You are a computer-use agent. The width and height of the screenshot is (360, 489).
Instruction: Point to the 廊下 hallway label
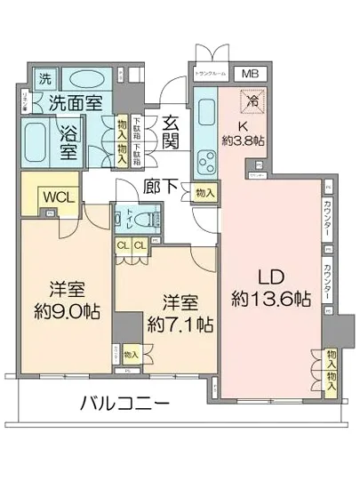[161, 188]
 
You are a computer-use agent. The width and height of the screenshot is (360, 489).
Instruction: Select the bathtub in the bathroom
[40, 142]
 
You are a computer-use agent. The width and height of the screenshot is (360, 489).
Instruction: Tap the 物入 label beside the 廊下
[205, 192]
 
